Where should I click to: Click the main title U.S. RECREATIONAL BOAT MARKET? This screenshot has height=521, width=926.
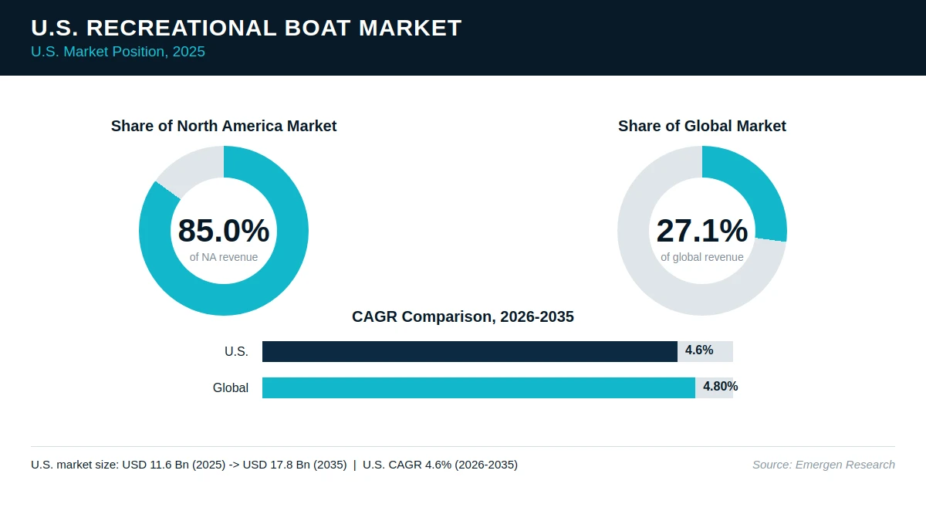tap(246, 28)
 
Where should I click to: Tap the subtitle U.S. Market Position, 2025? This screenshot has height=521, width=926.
tap(118, 52)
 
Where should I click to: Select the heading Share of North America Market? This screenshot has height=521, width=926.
tap(224, 126)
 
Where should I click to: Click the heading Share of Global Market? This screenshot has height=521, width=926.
tap(702, 126)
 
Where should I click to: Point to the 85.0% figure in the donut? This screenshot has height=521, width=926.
tap(224, 230)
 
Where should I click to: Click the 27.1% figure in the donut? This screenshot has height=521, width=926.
tap(702, 230)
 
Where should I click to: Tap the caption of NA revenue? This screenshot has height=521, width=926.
tap(224, 257)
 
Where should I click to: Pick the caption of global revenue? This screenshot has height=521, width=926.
tap(702, 257)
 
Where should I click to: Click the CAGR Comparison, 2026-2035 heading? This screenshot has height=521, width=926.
tap(463, 316)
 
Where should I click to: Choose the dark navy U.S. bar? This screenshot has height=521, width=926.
tap(470, 351)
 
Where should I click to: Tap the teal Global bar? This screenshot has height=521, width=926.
tap(478, 387)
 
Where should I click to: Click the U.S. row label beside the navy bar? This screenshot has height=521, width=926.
tap(236, 351)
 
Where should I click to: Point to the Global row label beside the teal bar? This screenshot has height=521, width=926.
tap(231, 387)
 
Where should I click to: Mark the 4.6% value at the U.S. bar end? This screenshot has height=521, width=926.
tap(699, 350)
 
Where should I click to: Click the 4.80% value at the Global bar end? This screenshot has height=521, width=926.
tap(721, 387)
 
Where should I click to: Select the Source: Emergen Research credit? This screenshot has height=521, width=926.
tap(823, 465)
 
